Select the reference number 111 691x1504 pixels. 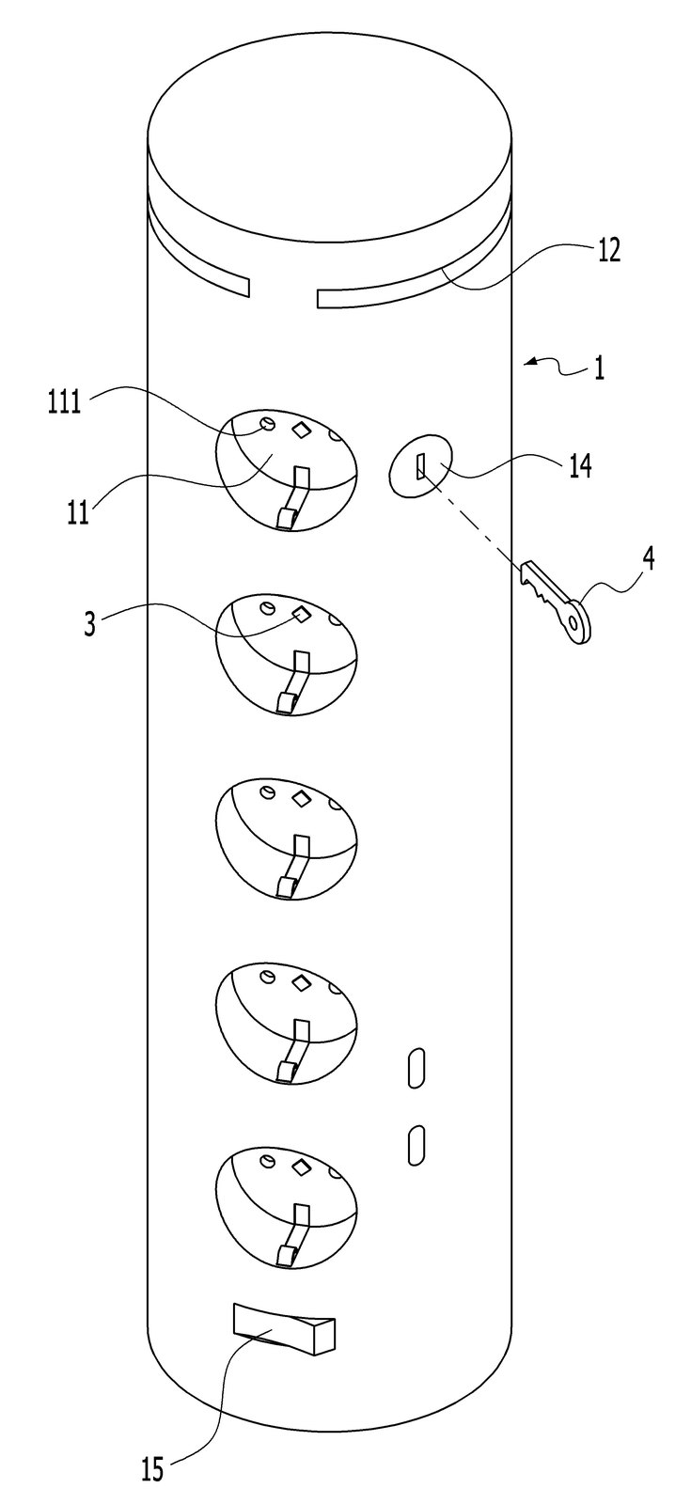pos(65,403)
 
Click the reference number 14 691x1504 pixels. pos(580,466)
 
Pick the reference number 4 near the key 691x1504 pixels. pos(648,559)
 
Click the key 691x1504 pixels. pos(556,601)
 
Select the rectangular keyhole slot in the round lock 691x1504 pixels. pos(420,466)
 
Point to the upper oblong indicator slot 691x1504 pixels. pos(416,1067)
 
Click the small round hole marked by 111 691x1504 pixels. pos(267,424)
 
